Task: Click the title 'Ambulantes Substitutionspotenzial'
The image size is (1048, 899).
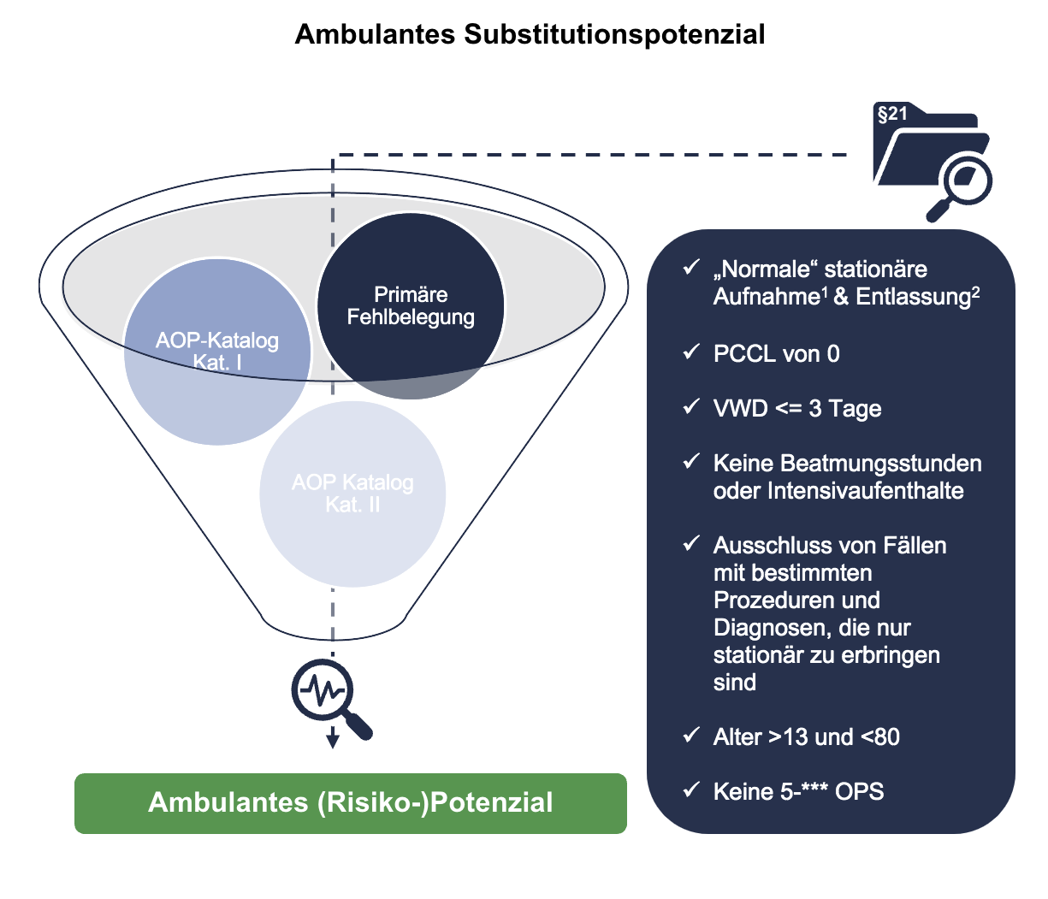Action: click(530, 34)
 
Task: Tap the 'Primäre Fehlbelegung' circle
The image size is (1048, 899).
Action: click(411, 305)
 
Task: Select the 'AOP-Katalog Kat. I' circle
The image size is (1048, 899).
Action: click(217, 352)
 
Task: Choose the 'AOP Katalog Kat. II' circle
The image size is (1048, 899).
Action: click(352, 494)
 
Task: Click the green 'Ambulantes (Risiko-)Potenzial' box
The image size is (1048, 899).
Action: click(351, 803)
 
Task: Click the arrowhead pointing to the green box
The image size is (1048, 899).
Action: click(333, 741)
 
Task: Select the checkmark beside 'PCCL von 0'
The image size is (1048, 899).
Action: click(691, 352)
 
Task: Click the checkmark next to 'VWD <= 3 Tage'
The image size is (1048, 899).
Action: click(691, 406)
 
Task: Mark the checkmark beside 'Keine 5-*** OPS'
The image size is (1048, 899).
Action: click(691, 790)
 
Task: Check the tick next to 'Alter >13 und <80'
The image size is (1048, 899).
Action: click(691, 735)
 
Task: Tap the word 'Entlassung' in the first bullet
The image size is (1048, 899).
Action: click(912, 297)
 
